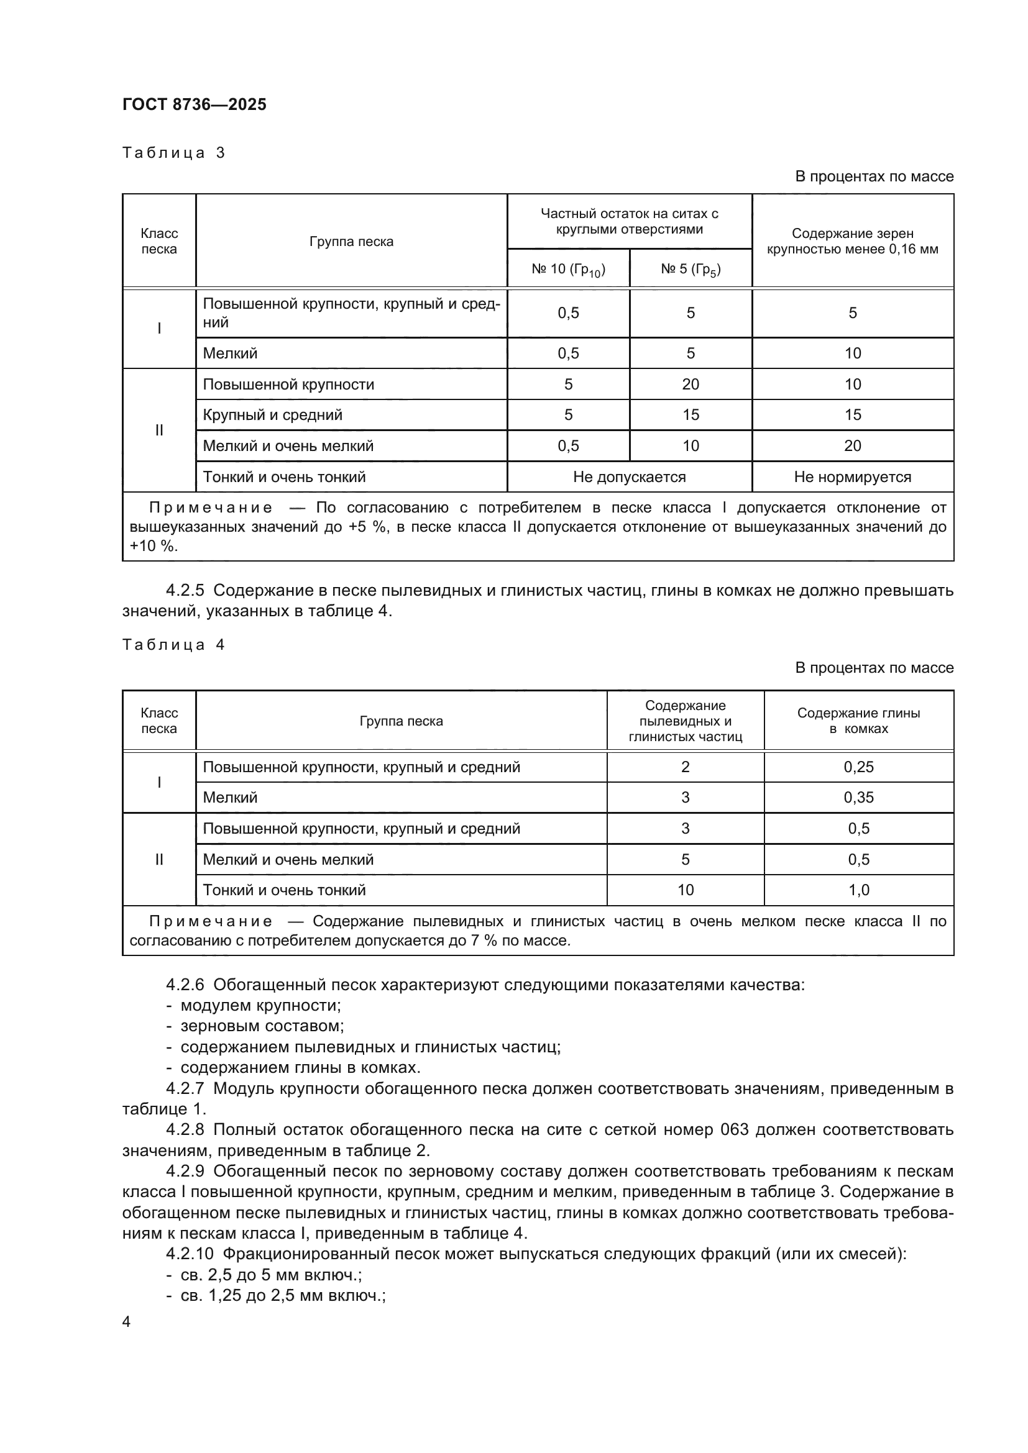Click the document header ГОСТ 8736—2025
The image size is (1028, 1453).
pyautogui.click(x=195, y=104)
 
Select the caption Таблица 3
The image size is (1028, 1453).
pyautogui.click(x=173, y=153)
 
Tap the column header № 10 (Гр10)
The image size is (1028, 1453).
pyautogui.click(x=568, y=270)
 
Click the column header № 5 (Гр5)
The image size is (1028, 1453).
pyautogui.click(x=690, y=270)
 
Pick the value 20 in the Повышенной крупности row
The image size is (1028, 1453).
pyautogui.click(x=690, y=384)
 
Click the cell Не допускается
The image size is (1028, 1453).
pyautogui.click(x=628, y=477)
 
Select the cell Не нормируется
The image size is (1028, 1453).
pyautogui.click(x=852, y=477)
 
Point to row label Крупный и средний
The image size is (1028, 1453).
pyautogui.click(x=272, y=415)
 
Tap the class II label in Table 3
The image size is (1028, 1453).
pyautogui.click(x=159, y=430)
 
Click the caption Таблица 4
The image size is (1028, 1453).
pyautogui.click(x=173, y=645)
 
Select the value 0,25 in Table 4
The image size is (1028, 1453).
pyautogui.click(x=858, y=767)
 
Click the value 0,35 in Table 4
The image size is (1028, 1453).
pyautogui.click(x=858, y=798)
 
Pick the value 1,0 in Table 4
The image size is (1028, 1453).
pyautogui.click(x=858, y=890)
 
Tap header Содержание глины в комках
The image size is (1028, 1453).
pyautogui.click(x=858, y=721)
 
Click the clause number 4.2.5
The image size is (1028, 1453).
pyautogui.click(x=185, y=590)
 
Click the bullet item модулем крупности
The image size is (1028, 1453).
pyautogui.click(x=260, y=1005)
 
